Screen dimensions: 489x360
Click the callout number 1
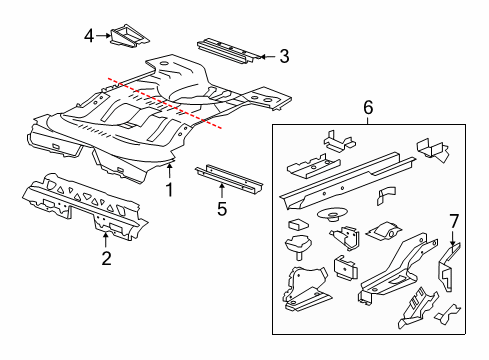(170, 190)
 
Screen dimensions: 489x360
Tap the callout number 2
(106, 258)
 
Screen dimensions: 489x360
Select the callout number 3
(284, 56)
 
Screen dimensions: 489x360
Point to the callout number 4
(89, 36)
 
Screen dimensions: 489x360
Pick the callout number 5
(222, 209)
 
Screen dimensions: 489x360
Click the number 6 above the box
(368, 107)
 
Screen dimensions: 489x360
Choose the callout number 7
(454, 221)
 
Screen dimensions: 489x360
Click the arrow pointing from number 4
(103, 35)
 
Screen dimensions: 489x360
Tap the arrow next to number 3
(268, 57)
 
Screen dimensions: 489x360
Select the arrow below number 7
(453, 238)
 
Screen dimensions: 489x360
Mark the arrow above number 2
(105, 240)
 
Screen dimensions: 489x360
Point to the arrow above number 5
(221, 192)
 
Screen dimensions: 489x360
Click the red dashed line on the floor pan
(165, 103)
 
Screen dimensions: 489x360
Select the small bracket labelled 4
(130, 36)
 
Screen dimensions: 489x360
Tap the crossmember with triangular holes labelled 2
(85, 206)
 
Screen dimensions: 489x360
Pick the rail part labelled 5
(229, 179)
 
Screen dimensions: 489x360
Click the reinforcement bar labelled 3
(229, 51)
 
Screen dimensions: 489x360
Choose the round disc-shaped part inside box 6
(332, 213)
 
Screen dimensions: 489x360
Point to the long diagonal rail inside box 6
(347, 181)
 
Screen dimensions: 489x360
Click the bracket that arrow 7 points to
(449, 267)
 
